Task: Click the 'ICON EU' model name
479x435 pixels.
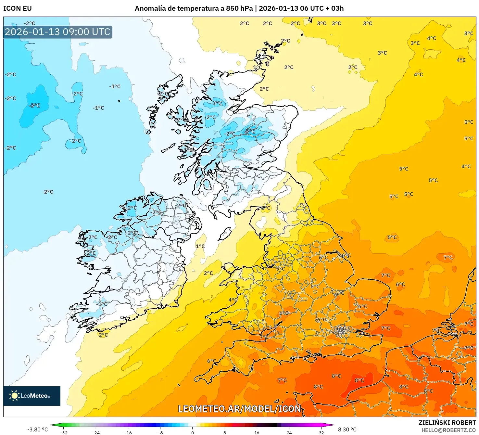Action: [18, 8]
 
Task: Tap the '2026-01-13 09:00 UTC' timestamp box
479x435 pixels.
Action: [57, 32]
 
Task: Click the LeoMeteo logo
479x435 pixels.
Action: [32, 396]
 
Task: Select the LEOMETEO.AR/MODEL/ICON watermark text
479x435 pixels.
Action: [240, 409]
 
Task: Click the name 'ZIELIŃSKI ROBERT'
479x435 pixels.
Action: [447, 423]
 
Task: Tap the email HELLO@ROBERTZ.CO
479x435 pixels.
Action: [448, 430]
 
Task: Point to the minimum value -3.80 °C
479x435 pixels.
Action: [37, 429]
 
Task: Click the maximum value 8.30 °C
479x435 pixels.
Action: [347, 429]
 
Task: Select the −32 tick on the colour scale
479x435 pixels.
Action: [64, 432]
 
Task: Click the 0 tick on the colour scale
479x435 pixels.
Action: [193, 432]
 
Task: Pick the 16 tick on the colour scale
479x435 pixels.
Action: [257, 432]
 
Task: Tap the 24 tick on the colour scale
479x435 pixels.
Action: [289, 432]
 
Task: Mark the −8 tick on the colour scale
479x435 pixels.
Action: [160, 432]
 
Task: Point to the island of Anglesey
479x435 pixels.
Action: [229, 268]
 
